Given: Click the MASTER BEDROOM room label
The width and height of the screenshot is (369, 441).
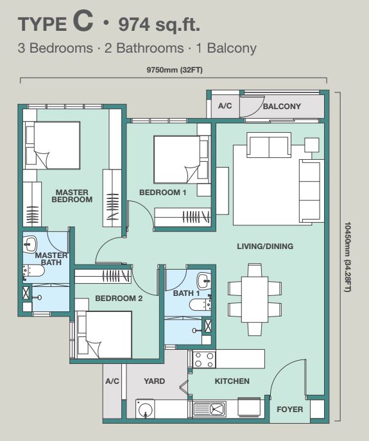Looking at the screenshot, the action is (x=72, y=196).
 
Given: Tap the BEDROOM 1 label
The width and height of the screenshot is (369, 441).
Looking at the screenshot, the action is (x=163, y=193).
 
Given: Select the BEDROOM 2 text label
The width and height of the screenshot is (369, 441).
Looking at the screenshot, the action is (x=119, y=298).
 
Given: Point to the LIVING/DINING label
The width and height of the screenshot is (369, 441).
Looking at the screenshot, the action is (x=265, y=246).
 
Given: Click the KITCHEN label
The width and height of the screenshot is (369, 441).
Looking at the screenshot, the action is (x=232, y=381).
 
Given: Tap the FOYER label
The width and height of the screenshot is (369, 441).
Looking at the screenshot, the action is (x=290, y=410).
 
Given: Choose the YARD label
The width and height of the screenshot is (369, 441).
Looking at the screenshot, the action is (x=155, y=381).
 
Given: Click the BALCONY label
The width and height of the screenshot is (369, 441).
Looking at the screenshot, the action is (x=282, y=107).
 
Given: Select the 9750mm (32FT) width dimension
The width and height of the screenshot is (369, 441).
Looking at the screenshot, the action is (x=175, y=70).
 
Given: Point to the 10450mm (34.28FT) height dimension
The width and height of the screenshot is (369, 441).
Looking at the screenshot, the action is (x=348, y=257).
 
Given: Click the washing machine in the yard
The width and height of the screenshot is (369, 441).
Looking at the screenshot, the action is (x=145, y=409).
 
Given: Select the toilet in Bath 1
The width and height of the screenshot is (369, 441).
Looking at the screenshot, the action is (x=200, y=305).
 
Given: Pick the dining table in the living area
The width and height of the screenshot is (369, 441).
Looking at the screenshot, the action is (x=255, y=299).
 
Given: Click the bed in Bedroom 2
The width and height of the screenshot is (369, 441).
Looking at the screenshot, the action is (x=105, y=334).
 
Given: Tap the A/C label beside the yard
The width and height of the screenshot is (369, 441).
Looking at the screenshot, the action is (x=112, y=381).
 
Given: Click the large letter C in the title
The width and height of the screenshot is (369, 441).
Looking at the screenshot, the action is (x=83, y=21).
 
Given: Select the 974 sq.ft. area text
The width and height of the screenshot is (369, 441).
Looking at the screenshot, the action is (x=159, y=25).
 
